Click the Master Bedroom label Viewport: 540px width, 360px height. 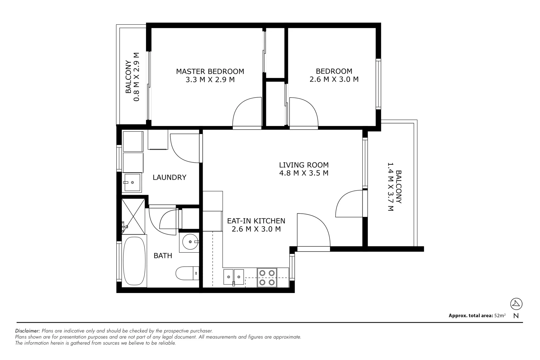210,71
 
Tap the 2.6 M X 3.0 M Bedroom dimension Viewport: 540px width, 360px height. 334,79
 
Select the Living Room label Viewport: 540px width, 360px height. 304,165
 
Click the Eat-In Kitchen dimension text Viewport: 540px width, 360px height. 256,229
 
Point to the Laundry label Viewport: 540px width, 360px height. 169,177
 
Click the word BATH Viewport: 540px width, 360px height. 163,256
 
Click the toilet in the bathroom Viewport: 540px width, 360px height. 187,273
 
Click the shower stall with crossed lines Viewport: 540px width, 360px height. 133,216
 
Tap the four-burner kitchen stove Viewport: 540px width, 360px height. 267,278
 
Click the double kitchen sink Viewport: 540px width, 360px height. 233,277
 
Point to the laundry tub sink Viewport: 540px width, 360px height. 132,183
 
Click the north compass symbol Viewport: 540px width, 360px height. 516,304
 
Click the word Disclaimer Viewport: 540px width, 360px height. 28,331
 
